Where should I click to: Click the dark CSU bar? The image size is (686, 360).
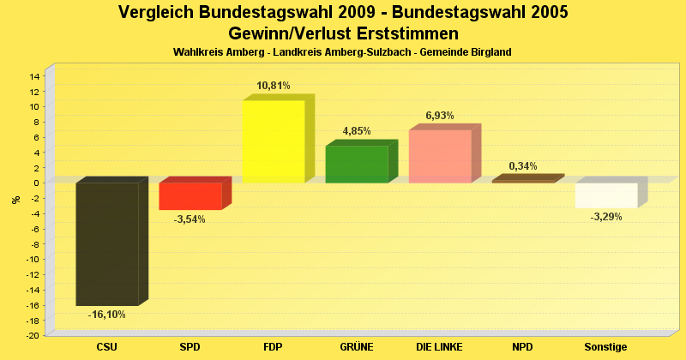pos(107,244)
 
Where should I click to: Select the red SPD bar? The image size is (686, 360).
pos(190,196)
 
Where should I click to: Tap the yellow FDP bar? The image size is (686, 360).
pos(274,141)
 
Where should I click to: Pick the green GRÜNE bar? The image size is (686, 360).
pos(357,165)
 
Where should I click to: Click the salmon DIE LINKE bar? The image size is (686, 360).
pos(440,156)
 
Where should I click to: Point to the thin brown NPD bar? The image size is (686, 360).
pos(523,181)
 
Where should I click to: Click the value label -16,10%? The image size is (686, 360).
pos(107,315)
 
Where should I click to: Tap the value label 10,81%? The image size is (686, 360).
pos(274,86)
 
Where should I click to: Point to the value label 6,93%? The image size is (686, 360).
pos(440,116)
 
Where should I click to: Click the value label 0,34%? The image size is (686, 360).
pos(523,166)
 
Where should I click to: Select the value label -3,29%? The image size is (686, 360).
pos(606,217)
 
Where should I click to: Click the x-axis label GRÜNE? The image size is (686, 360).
pos(357,347)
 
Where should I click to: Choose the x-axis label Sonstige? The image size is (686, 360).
pos(606,347)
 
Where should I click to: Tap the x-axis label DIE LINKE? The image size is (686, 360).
pos(440,347)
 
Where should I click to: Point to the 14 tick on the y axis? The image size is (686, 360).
pos(34,76)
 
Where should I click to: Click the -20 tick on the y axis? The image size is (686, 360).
pos(33,336)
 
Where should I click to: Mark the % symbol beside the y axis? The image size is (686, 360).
pos(15,200)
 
